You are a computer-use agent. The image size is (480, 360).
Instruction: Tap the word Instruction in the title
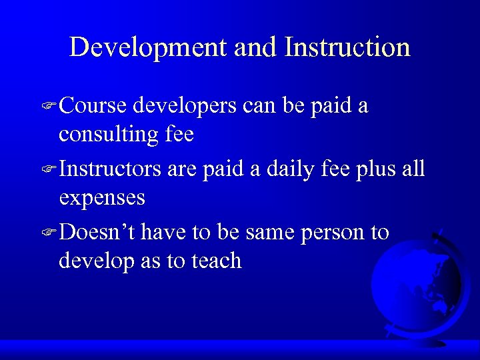pyautogui.click(x=347, y=47)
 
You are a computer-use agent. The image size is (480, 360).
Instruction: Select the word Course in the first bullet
pyautogui.click(x=93, y=106)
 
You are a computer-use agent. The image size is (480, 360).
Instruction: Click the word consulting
pyautogui.click(x=107, y=135)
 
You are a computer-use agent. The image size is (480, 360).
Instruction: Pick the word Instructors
pyautogui.click(x=110, y=169)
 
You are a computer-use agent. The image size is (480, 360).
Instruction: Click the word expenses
pyautogui.click(x=101, y=199)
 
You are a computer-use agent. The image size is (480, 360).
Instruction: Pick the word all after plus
pyautogui.click(x=412, y=169)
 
